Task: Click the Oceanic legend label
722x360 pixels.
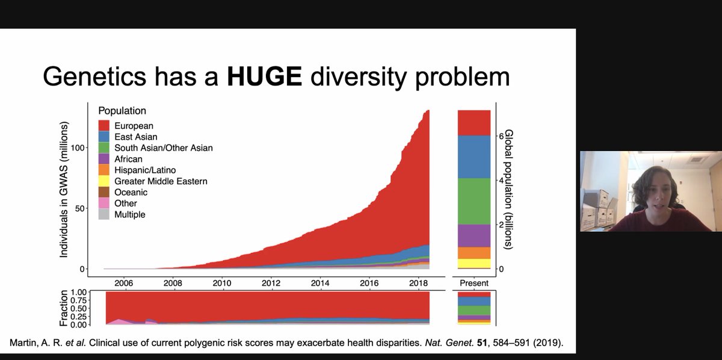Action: point(131,192)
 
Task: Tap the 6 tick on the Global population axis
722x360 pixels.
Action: point(500,136)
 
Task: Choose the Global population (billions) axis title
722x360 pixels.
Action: point(510,190)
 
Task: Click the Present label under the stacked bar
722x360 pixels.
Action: point(474,283)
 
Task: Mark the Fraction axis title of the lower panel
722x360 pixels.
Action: point(66,309)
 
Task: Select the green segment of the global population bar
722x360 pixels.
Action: point(474,201)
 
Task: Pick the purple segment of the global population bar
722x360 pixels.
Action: point(474,235)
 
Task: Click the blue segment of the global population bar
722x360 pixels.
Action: point(474,157)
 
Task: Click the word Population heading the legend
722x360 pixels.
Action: point(123,111)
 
